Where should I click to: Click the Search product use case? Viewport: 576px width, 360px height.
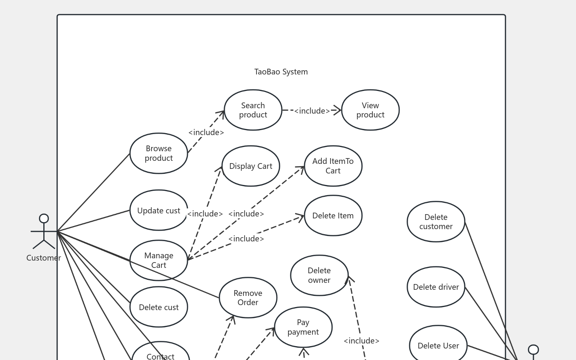coord(253,110)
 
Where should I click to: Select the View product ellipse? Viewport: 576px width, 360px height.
coord(370,110)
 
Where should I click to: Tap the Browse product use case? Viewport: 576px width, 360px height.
coord(159,154)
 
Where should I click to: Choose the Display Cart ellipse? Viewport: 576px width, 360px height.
coord(251,166)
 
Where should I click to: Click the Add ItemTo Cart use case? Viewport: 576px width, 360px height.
coord(333,166)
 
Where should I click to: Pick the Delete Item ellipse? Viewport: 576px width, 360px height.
coord(333,216)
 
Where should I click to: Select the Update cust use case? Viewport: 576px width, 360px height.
coord(159,210)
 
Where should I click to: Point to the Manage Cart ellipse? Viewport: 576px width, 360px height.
coord(159,261)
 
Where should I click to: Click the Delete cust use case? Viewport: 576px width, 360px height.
coord(159,307)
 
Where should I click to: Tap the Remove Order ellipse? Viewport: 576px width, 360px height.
coord(248,298)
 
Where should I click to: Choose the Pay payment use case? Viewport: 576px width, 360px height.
coord(303,327)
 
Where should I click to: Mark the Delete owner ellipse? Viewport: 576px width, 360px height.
coord(319,276)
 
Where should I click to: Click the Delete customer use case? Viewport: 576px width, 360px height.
coord(436,222)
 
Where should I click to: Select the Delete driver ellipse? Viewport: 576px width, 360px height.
coord(436,287)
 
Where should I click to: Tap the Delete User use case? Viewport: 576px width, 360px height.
coord(438,345)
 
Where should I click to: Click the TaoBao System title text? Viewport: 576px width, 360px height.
coord(281,72)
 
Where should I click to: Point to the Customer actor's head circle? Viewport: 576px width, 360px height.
coord(44,218)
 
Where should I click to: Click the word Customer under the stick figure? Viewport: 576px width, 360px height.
coord(44,258)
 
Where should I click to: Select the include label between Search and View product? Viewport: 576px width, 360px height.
coord(312,111)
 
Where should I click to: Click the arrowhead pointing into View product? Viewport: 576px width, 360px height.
coord(337,110)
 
